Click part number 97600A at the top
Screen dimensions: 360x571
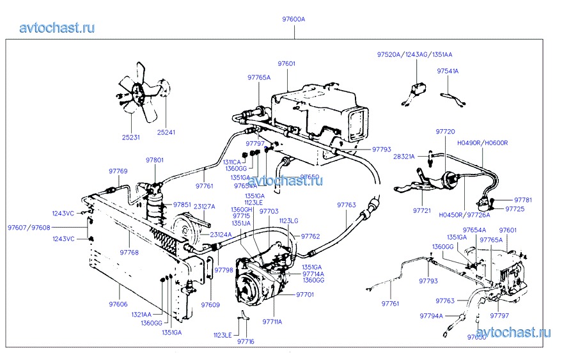[293, 20]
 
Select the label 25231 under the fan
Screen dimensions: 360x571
[130, 137]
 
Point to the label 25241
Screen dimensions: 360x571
[166, 132]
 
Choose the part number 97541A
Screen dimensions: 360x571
[448, 71]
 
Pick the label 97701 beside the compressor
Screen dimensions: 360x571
[305, 295]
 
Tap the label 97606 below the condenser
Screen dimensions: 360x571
[118, 304]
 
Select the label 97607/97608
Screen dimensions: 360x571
[29, 227]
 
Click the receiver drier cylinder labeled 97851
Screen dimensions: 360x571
[154, 207]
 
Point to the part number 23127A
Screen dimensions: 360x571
[204, 207]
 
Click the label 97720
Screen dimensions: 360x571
[446, 131]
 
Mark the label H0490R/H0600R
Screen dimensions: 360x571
[481, 143]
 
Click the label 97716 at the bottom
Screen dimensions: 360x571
[246, 341]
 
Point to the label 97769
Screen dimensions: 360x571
[118, 171]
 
